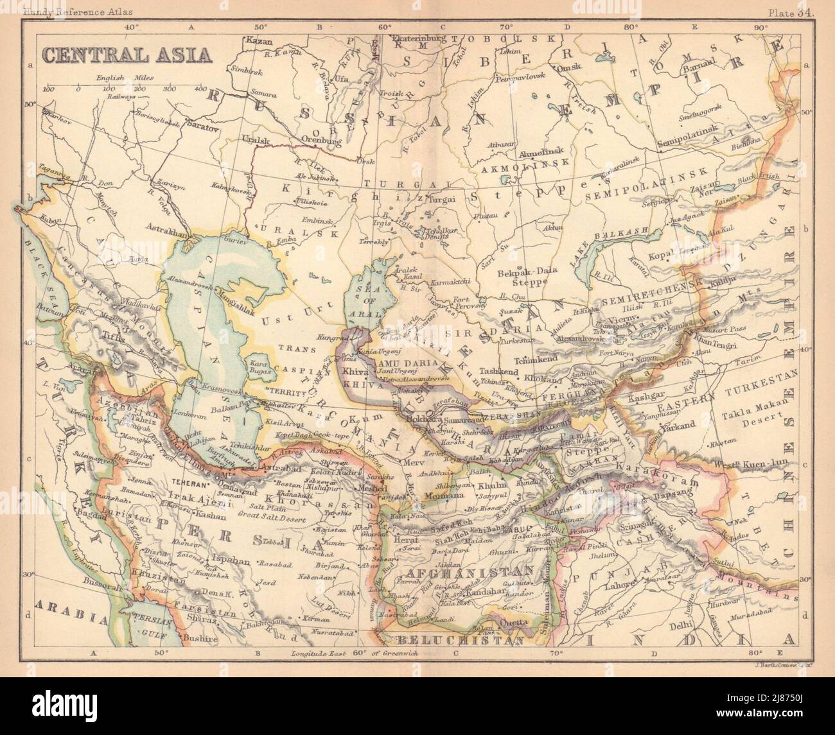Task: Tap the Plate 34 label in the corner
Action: (791, 12)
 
